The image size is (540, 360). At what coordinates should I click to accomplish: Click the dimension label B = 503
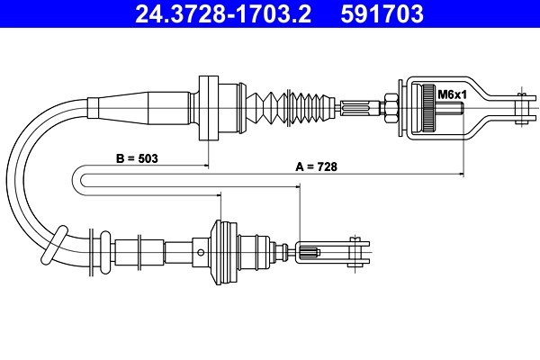pyautogui.click(x=138, y=157)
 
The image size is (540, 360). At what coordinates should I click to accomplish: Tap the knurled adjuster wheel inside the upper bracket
pyautogui.click(x=421, y=109)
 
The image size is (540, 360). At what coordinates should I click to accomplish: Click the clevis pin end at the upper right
pyautogui.click(x=519, y=106)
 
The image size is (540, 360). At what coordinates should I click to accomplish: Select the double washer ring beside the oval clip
pyautogui.click(x=95, y=251)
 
